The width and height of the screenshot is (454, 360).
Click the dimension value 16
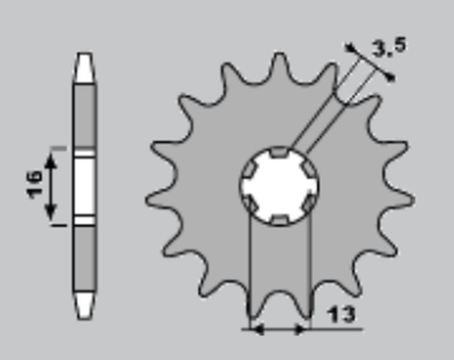coord(33,185)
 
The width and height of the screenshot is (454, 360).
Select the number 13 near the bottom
coord(345,315)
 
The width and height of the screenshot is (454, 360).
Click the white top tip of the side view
coord(84,66)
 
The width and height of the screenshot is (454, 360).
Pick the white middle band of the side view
coord(84,186)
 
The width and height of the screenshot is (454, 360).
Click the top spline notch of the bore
coord(278,150)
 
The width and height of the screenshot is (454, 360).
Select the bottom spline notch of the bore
coord(280,220)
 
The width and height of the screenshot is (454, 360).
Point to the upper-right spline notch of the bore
coord(309,167)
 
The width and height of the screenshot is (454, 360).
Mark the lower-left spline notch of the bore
coord(249,204)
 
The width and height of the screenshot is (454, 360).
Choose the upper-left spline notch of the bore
coord(249,167)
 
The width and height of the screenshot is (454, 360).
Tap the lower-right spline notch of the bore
coord(309,203)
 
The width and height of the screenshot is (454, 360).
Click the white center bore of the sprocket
coord(279,185)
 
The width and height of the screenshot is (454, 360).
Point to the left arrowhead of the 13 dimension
coord(251,330)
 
